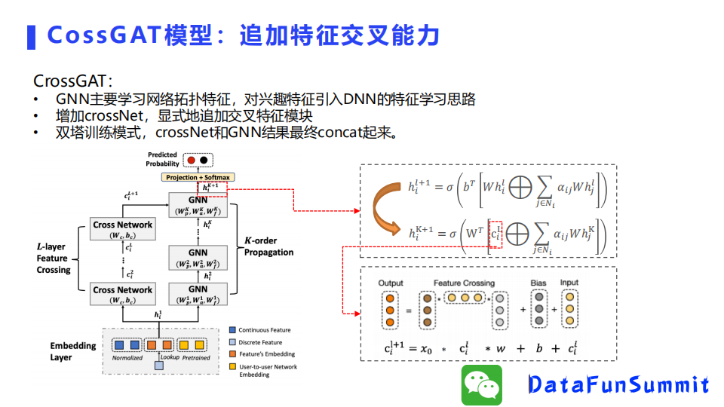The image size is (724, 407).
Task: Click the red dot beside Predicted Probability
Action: point(192,161)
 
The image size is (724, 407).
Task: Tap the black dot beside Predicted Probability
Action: point(204,161)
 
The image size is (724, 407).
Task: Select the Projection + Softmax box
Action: point(198,177)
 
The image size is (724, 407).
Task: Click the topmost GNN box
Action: point(198,204)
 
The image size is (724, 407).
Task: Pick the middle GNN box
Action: point(198,259)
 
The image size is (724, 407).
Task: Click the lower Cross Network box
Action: point(122,294)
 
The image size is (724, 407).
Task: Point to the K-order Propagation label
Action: point(268,246)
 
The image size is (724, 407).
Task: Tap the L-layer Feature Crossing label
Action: point(53,258)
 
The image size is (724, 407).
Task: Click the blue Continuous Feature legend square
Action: point(233,330)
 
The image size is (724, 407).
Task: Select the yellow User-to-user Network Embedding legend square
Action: point(233,367)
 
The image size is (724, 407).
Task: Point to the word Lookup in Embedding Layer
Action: point(170,357)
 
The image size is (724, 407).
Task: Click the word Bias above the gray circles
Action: point(538,283)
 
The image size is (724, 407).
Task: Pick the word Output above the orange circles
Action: point(391,283)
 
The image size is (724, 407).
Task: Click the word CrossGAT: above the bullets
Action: point(73,81)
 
